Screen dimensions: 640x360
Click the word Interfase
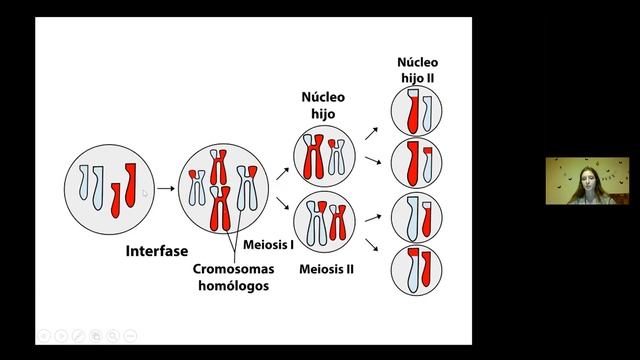157,251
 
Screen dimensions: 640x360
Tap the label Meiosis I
268,244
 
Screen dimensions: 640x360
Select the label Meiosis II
327,269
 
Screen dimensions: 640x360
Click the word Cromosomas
233,269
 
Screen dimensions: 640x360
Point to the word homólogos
233,285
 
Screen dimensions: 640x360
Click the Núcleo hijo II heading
418,70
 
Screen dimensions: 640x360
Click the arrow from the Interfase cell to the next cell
166,188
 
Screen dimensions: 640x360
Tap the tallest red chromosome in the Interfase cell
130,185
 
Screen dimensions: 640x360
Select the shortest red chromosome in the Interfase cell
116,200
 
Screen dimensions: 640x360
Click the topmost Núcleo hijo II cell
416,111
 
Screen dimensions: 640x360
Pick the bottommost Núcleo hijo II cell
416,270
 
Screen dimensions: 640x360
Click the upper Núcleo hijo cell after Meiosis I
324,156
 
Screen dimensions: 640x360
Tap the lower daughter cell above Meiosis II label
324,222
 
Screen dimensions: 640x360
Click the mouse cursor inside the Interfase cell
145,193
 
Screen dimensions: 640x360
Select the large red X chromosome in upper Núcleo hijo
313,157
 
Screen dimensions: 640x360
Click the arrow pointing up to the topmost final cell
371,133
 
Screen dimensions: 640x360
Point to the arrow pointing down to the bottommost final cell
371,245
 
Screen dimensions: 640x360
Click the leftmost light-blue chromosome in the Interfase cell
83,182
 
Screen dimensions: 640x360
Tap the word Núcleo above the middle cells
323,97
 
